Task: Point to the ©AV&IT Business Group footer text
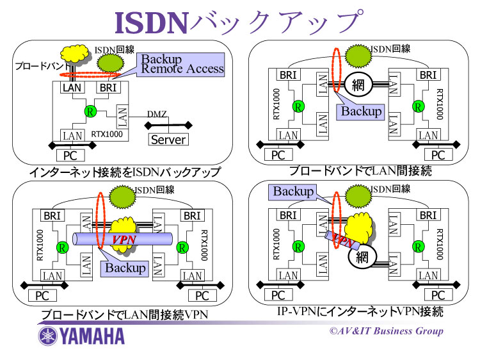(386, 331)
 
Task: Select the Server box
(168, 139)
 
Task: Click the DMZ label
(157, 114)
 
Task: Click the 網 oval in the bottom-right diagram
(361, 258)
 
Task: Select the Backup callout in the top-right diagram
(360, 111)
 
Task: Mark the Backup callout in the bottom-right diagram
(294, 191)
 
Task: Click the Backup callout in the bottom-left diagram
(125, 268)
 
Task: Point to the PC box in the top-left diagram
(72, 154)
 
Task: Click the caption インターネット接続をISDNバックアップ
(125, 172)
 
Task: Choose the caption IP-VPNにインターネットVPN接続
(360, 312)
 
